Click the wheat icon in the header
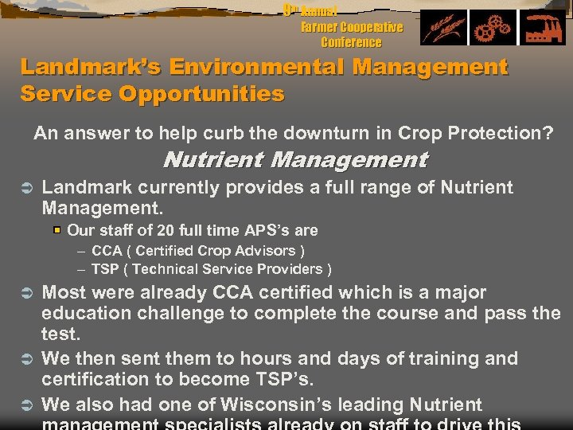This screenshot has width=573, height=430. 444,29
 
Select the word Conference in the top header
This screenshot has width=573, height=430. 351,42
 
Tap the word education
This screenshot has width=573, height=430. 88,313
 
